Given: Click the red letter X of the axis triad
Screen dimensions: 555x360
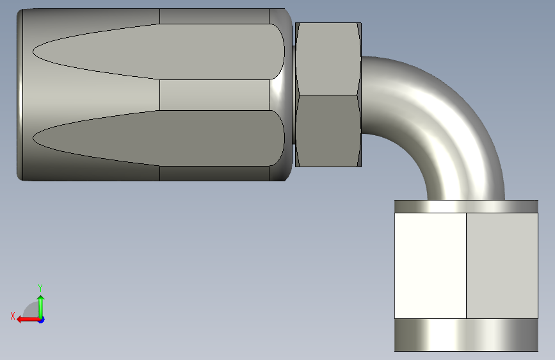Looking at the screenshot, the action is tap(13, 316).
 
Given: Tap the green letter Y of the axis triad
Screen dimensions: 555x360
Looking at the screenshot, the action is tap(40, 288).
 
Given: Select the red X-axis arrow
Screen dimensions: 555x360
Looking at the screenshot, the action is tap(29, 320).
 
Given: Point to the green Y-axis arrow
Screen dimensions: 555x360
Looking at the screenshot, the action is tap(41, 307).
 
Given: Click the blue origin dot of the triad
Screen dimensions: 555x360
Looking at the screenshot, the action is tap(41, 320).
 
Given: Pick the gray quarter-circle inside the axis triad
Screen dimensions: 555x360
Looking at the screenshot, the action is tap(32, 311).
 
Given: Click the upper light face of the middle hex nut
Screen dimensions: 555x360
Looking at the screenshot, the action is tap(328, 59).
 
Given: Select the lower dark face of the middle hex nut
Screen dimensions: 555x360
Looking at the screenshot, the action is tap(328, 131).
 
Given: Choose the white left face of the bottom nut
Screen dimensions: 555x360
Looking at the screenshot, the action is tap(430, 266).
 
